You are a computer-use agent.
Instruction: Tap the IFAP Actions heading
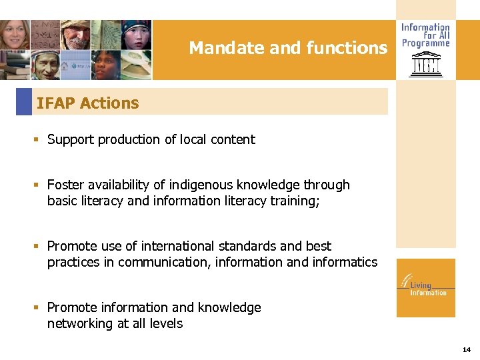[87, 103]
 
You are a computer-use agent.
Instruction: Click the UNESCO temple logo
[425, 65]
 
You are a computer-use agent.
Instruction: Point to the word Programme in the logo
[425, 43]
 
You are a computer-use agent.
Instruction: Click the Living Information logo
[425, 287]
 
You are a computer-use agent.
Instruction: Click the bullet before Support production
[38, 140]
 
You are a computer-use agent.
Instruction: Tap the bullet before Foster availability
[38, 185]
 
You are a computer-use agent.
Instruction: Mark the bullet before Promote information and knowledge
[38, 308]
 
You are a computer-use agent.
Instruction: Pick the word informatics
[345, 262]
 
